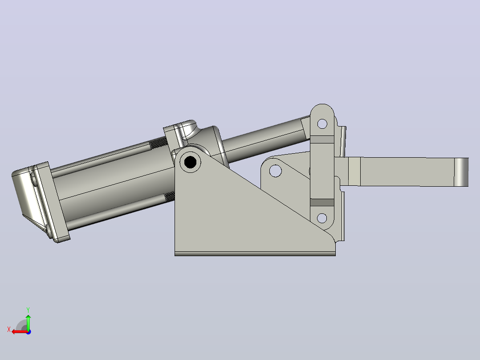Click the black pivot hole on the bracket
pos(190,162)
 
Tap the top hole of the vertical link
pos(322,124)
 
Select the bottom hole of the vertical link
pos(322,218)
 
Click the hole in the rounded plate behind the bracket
pos(276,171)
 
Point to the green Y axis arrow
pos(28,322)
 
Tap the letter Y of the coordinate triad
pos(28,310)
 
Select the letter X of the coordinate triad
pos(9,330)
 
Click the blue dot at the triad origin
pos(28,332)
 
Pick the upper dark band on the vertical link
pos(322,140)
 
